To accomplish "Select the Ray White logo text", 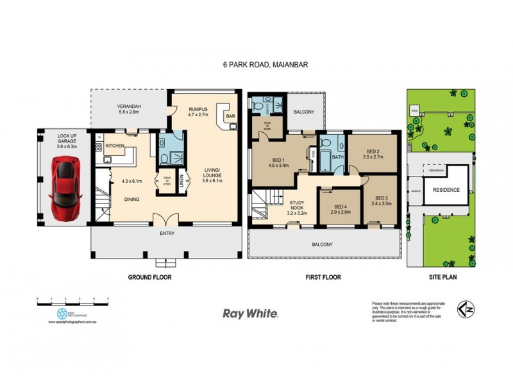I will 249,314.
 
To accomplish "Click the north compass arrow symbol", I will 466,309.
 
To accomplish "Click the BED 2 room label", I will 373,152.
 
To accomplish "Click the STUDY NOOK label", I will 296,204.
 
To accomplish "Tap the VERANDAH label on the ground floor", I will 129,106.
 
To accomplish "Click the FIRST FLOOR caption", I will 323,277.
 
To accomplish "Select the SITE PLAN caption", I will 441,277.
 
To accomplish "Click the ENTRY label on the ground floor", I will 167,234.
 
